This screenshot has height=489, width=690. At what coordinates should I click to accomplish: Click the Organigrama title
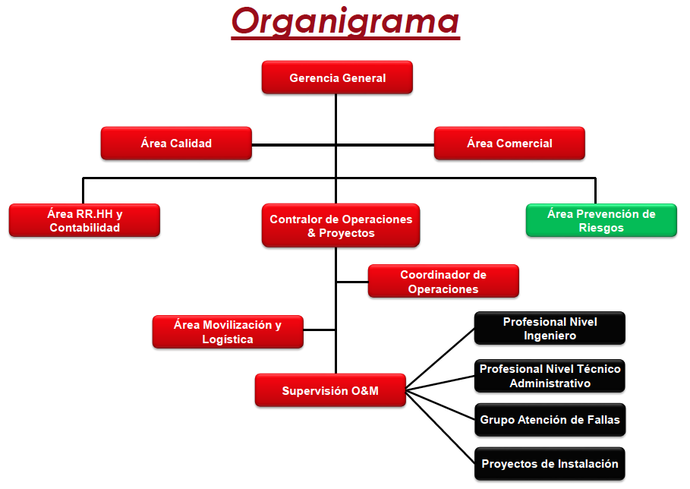coord(345,22)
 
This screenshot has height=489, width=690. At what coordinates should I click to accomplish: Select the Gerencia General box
coord(337,77)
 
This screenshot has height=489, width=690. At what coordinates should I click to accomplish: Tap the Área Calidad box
coord(176,143)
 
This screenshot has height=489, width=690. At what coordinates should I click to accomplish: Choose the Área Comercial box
coord(509,143)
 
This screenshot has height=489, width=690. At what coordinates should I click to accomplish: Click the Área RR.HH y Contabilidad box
coord(84,220)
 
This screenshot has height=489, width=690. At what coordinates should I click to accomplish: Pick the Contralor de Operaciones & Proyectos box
coord(341,226)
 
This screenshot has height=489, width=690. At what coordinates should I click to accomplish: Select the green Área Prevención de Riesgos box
coord(601,220)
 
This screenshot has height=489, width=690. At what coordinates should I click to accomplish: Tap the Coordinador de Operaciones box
coord(443,281)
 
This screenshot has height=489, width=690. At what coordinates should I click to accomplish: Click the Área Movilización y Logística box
coord(228,332)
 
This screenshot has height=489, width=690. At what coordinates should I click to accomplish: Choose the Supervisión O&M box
coord(330,390)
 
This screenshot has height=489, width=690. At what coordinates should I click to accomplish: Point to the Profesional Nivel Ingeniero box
coord(550,328)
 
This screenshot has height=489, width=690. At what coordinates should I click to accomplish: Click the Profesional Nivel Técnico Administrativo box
coord(550,376)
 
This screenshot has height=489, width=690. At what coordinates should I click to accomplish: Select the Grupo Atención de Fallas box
coord(550,420)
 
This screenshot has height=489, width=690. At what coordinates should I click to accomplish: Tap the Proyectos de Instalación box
coord(550,464)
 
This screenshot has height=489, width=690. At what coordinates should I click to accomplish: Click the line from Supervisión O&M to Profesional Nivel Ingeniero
coord(440,359)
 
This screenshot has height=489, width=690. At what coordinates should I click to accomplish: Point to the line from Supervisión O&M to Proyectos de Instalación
coord(440,427)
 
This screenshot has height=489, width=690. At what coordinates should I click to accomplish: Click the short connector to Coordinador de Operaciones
coord(352,282)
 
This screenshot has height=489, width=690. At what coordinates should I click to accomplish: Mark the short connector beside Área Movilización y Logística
coord(320,330)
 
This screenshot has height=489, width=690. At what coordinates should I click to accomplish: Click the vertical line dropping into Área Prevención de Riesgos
coord(595,191)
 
